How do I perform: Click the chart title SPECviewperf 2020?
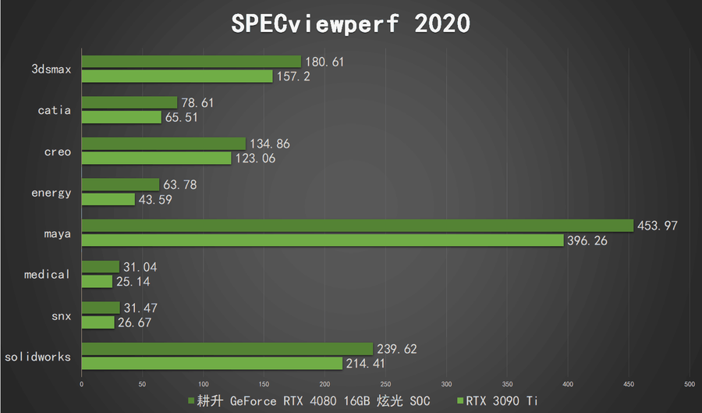click(351, 23)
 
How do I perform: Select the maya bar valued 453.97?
click(357, 226)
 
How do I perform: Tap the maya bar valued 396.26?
click(322, 240)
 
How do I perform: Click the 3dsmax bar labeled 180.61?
click(191, 62)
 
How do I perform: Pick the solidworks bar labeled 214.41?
click(211, 363)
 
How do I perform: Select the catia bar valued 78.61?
click(129, 102)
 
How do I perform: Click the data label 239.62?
click(398, 349)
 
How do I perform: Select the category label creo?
click(57, 151)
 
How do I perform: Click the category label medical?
click(48, 274)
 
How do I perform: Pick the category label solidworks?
click(38, 357)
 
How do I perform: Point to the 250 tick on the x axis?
click(385, 384)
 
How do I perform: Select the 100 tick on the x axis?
click(203, 384)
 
